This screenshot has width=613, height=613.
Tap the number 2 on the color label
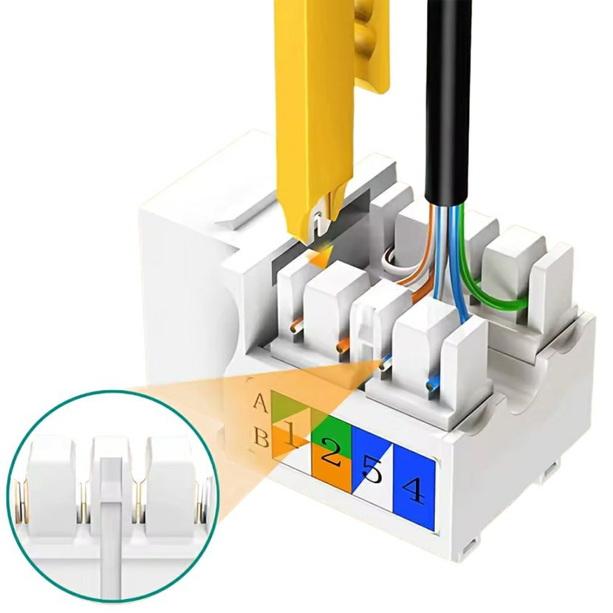(x=331, y=452)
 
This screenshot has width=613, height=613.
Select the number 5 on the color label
(x=372, y=470)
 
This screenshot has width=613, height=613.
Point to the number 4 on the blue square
(x=414, y=490)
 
